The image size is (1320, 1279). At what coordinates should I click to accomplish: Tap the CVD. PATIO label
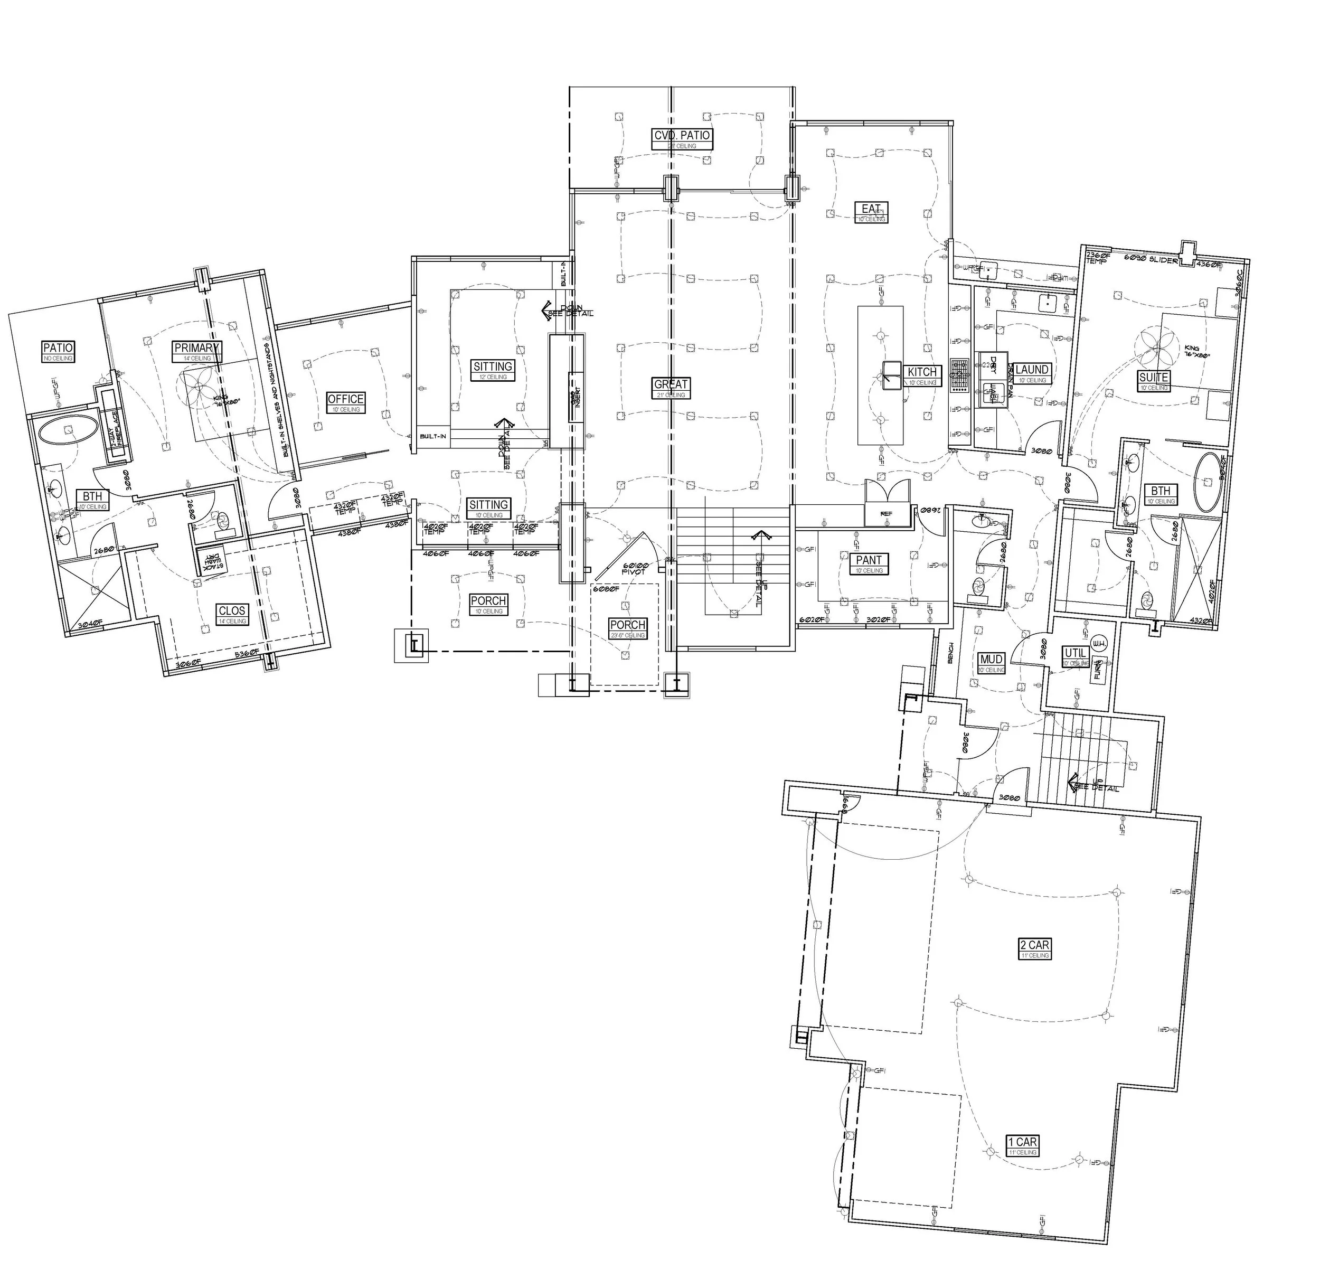(x=682, y=135)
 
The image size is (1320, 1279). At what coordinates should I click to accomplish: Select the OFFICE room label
(x=345, y=399)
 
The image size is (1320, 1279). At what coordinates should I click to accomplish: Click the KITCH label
(x=921, y=372)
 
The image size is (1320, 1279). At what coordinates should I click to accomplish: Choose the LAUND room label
(x=1031, y=370)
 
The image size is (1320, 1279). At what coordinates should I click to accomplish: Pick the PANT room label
(x=869, y=560)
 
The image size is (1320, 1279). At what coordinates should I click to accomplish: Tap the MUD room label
(x=992, y=660)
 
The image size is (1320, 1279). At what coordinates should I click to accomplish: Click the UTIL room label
(x=1075, y=653)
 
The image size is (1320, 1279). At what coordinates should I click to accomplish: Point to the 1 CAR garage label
(x=1022, y=1142)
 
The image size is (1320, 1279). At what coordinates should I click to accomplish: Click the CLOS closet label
(x=232, y=611)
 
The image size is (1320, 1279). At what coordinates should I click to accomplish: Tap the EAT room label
(x=871, y=209)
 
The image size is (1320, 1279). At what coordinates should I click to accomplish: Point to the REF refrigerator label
(x=887, y=513)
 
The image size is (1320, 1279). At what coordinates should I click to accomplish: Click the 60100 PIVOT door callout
(x=635, y=568)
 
